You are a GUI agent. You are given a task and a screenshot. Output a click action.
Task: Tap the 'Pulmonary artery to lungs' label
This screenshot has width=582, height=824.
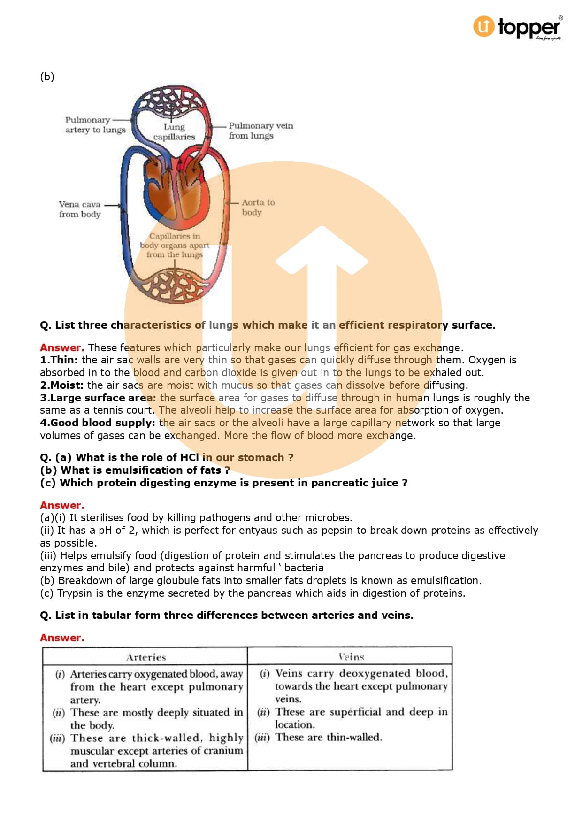(95, 125)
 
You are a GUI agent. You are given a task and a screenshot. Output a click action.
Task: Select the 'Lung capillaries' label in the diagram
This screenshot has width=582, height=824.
(174, 132)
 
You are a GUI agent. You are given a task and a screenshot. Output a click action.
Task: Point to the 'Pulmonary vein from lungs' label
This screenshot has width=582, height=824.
(260, 131)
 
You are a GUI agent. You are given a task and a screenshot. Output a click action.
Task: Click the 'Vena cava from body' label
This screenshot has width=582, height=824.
(80, 209)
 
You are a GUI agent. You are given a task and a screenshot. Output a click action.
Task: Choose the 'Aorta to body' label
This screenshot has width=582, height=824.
(258, 207)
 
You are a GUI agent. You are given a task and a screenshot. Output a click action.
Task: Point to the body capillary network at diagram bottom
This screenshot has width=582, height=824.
(175, 285)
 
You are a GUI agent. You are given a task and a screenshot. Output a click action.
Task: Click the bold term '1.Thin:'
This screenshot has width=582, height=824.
(59, 360)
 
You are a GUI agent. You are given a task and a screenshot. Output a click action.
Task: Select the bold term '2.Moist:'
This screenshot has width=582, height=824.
(61, 385)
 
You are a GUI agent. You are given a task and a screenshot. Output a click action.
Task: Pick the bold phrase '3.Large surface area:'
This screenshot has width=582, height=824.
(98, 398)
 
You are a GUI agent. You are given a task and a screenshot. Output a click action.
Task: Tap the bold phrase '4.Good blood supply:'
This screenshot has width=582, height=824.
(97, 423)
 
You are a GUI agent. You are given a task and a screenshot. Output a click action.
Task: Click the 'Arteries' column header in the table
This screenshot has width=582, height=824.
(146, 657)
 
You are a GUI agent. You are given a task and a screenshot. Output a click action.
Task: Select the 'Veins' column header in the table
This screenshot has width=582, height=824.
(351, 656)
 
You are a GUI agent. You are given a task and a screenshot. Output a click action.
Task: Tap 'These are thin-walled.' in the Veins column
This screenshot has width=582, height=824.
(329, 737)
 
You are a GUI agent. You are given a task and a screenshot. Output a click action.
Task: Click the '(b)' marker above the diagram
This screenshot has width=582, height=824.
(47, 77)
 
